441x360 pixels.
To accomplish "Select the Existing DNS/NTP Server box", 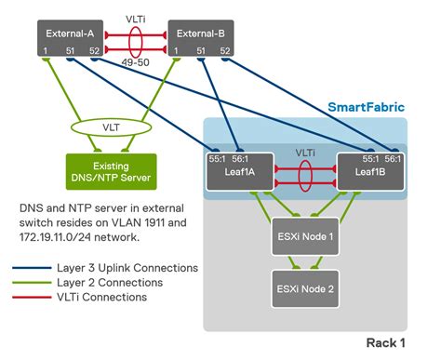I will [98, 170].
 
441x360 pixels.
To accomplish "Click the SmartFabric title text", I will [365, 107].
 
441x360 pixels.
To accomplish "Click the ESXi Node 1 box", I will [305, 234].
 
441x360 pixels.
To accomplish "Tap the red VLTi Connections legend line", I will [32, 297].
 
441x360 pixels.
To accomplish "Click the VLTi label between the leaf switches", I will [306, 151].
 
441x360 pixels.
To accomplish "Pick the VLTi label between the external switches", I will [137, 17].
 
